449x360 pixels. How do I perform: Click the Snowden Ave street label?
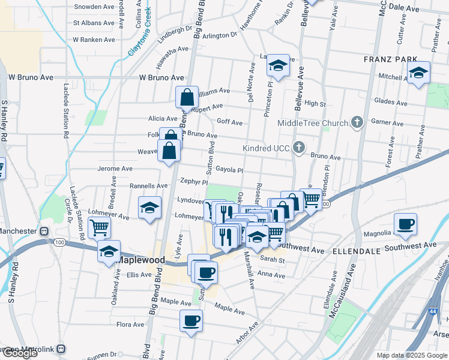(94, 7)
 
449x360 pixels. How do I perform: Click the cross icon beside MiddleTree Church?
(357, 123)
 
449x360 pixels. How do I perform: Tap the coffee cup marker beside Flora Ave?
(191, 320)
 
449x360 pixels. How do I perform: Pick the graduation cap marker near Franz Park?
(418, 73)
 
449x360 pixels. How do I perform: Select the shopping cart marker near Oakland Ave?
(99, 227)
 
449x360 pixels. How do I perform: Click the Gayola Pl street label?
(229, 170)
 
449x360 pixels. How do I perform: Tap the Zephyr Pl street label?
(191, 182)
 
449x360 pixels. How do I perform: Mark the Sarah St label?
(272, 260)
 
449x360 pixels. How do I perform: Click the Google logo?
(20, 353)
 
